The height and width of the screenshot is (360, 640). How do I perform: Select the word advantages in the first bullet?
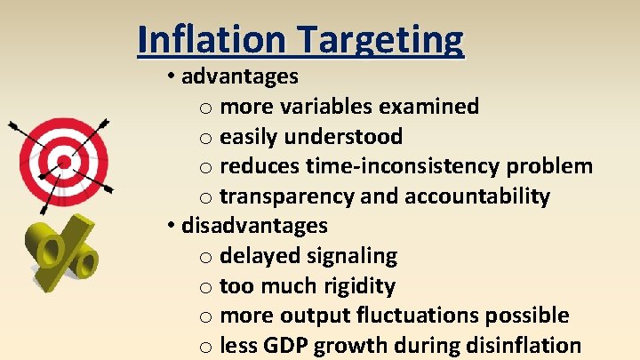240,76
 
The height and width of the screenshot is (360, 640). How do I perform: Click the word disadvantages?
254,226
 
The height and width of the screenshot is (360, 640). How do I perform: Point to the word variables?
331,107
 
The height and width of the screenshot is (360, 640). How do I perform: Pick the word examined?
429,107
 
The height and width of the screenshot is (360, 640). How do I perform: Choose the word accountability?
477,196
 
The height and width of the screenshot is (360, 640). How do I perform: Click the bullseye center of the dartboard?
63,162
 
